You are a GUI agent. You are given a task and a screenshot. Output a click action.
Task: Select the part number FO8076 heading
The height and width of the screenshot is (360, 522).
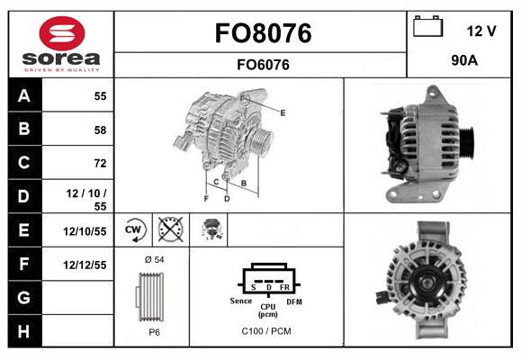pyautogui.click(x=263, y=33)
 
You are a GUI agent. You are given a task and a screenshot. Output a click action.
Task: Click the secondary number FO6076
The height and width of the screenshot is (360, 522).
pyautogui.click(x=263, y=64)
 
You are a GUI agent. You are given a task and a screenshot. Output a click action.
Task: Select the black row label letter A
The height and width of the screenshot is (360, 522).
pyautogui.click(x=22, y=95)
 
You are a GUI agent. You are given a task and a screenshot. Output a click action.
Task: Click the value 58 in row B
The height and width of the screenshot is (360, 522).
pyautogui.click(x=99, y=130)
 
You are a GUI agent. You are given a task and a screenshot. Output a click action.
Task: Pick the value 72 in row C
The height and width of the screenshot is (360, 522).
pyautogui.click(x=99, y=163)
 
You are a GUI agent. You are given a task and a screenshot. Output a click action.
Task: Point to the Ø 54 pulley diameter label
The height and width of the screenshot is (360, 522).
pyautogui.click(x=154, y=260)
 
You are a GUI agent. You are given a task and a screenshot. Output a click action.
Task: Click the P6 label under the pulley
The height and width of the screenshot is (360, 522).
pyautogui.click(x=154, y=331)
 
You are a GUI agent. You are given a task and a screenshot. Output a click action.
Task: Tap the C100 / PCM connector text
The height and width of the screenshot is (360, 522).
pyautogui.click(x=267, y=331)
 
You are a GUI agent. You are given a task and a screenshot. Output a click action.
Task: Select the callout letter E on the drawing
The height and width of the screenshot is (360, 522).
pyautogui.click(x=283, y=112)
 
